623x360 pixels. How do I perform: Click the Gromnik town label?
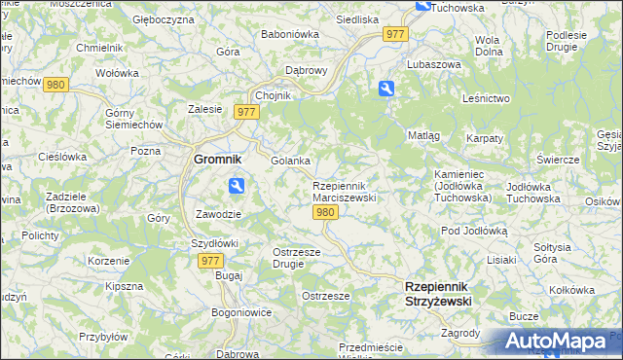(x=217, y=160)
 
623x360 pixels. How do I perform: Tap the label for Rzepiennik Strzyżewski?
(x=438, y=294)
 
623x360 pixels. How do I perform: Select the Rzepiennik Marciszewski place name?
(x=344, y=191)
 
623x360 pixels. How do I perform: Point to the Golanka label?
(x=290, y=161)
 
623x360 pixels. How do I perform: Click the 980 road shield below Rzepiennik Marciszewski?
(x=326, y=213)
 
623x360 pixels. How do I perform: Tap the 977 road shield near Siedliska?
(x=395, y=34)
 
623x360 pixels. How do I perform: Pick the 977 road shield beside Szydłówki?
(x=209, y=261)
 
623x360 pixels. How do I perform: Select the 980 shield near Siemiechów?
(x=55, y=85)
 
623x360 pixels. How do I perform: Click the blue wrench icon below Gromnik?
(x=237, y=186)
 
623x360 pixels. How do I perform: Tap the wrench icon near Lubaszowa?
(x=386, y=90)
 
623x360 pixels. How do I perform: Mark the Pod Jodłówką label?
(x=475, y=231)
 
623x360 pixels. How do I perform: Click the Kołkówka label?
(x=571, y=289)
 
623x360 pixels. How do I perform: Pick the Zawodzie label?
(x=217, y=213)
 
